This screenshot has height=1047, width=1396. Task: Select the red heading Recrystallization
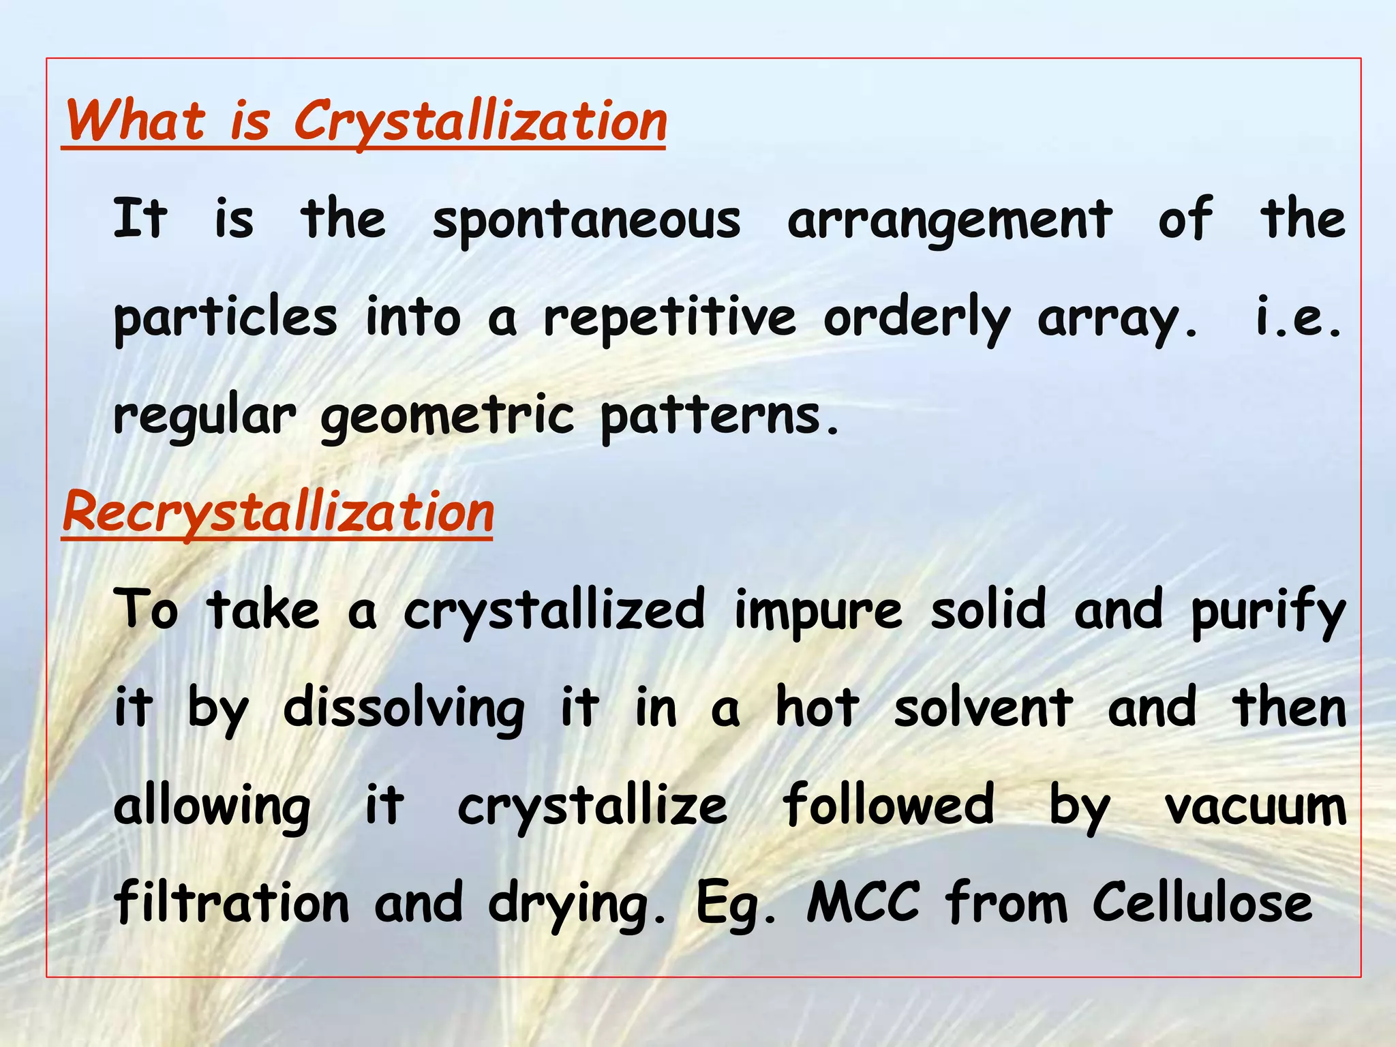click(x=277, y=513)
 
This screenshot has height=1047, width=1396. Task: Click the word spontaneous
click(x=586, y=220)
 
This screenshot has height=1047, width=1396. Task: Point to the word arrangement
click(x=950, y=220)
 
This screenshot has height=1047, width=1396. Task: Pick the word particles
click(x=225, y=318)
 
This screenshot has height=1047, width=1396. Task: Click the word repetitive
click(x=669, y=318)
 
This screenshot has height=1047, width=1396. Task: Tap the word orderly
click(x=917, y=318)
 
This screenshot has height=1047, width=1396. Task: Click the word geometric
click(x=448, y=416)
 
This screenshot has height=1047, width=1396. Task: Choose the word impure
click(x=818, y=611)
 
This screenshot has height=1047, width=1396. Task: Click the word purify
click(x=1269, y=611)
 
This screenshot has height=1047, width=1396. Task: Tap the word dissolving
click(x=404, y=709)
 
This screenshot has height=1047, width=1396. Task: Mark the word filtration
click(x=231, y=903)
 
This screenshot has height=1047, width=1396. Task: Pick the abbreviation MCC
click(x=863, y=903)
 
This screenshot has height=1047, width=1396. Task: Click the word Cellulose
click(x=1202, y=903)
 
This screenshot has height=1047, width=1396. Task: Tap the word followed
click(x=887, y=806)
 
